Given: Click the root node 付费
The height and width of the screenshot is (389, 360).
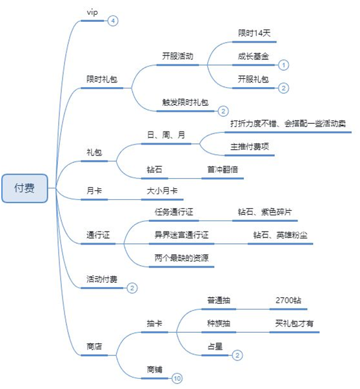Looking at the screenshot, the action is tap(25, 188).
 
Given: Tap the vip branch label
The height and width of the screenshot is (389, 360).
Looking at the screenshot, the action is tap(92, 12).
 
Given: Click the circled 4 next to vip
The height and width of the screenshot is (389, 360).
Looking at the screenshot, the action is tap(113, 21).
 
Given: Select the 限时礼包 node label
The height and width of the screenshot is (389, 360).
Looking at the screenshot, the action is tap(102, 79).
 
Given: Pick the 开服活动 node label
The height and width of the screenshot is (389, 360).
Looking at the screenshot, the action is tap(177, 56).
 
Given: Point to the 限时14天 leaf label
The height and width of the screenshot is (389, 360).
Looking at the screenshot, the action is tap(254, 33).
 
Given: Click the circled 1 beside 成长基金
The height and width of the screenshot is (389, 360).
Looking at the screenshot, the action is tap(284, 65).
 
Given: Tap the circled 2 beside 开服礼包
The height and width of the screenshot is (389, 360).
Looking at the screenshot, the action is tap(284, 88).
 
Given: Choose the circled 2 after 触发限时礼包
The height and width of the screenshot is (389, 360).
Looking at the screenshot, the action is tap(223, 111).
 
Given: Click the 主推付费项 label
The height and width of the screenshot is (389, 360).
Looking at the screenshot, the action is tap(250, 146).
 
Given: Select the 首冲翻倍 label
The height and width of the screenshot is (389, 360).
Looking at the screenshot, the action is tap(223, 170).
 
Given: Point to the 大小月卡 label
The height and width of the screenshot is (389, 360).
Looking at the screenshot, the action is tap(162, 191).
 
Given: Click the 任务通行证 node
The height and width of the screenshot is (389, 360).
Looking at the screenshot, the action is tap(174, 212).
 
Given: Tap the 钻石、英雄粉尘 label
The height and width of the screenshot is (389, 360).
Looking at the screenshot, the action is tap(280, 235).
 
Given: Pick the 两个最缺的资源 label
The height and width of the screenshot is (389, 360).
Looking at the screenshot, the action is tap(181, 258).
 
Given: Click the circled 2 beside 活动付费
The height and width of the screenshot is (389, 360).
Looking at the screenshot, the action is tap(132, 288).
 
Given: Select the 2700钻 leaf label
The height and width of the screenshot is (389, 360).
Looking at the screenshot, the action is tap(288, 301).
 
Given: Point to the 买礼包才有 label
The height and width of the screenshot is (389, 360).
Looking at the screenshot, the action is tap(294, 323).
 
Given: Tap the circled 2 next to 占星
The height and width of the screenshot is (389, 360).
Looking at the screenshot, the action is tap(237, 355).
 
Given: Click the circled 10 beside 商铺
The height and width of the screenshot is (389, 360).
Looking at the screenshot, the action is tap(177, 378).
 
